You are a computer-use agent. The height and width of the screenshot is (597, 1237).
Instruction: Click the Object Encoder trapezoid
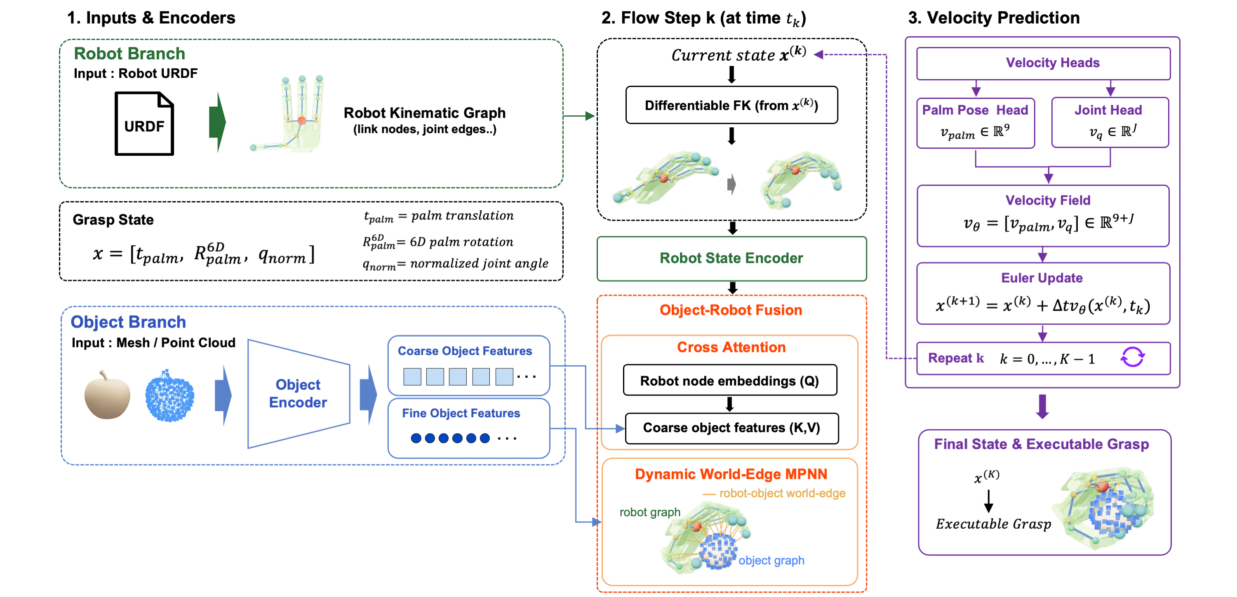299,393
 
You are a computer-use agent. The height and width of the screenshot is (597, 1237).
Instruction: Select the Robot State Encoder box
731,258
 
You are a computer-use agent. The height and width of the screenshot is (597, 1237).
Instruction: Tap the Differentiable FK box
731,105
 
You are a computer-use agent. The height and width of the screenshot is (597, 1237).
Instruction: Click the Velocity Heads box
1043,63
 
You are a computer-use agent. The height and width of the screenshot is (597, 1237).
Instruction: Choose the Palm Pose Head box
975,123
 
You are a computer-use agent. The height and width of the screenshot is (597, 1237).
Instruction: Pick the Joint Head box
1110,122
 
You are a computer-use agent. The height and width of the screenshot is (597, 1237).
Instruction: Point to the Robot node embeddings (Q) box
730,380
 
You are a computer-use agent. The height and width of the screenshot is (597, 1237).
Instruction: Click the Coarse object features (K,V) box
731,428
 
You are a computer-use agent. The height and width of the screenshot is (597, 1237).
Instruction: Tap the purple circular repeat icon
1132,358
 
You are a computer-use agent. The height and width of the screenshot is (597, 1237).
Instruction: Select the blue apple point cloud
169,396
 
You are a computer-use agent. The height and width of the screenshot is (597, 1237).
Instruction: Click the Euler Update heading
1042,278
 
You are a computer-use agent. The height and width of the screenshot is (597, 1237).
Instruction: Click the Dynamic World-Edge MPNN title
731,474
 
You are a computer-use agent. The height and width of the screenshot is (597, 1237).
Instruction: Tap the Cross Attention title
731,347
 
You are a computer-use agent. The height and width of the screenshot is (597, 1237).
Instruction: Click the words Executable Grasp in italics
993,524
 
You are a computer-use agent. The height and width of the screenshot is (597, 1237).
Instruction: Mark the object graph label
771,560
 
